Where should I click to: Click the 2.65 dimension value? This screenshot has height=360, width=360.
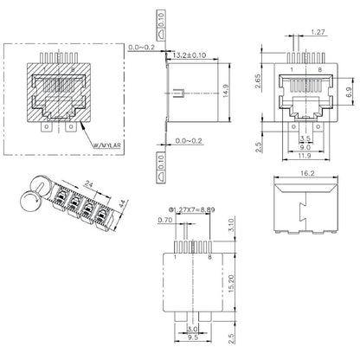258,82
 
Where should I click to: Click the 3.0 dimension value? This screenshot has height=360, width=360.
192,330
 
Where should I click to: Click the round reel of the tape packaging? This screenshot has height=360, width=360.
29,202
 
